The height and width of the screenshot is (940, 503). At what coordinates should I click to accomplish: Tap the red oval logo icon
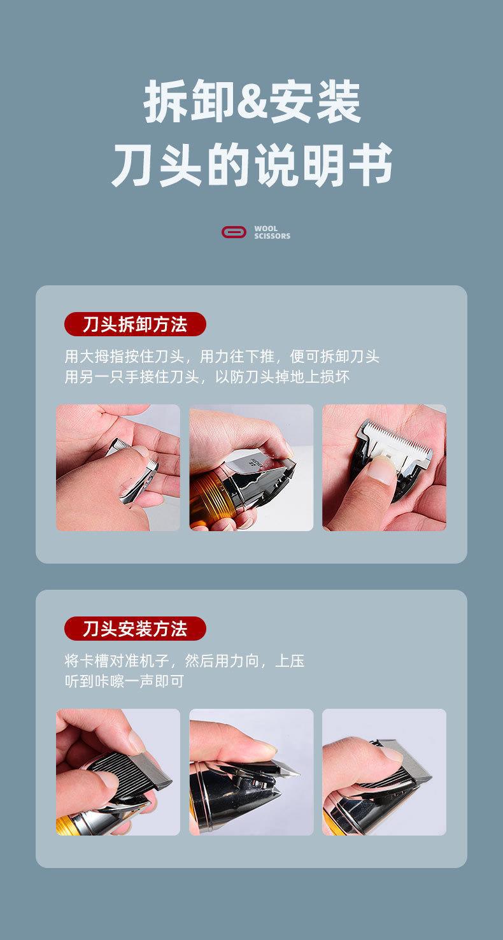coord(234,232)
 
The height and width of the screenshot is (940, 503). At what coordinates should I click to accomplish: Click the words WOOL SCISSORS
coord(272,232)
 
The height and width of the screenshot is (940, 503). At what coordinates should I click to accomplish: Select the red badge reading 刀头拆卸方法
coord(135,324)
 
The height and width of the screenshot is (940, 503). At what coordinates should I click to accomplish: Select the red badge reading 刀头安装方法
coord(135,629)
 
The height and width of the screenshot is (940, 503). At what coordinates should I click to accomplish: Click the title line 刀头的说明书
coord(251,166)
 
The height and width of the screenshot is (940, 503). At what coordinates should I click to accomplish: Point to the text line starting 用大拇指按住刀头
coord(222,356)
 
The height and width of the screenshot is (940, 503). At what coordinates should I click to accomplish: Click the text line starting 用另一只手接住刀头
coord(207,376)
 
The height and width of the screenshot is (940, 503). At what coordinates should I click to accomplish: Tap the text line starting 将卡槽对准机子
coord(184,660)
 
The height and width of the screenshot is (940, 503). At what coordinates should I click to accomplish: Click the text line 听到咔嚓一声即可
coord(124,681)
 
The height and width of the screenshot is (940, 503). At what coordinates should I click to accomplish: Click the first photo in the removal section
coord(118,467)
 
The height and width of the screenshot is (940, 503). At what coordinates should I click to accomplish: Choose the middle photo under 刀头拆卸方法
coord(251,467)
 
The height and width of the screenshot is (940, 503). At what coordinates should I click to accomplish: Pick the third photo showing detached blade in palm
coord(384,467)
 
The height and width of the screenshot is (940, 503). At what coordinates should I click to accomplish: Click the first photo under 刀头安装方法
coord(118,772)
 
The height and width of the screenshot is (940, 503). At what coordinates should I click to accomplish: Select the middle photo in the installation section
coord(251,772)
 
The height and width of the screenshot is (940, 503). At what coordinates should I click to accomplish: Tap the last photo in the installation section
coord(384,772)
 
